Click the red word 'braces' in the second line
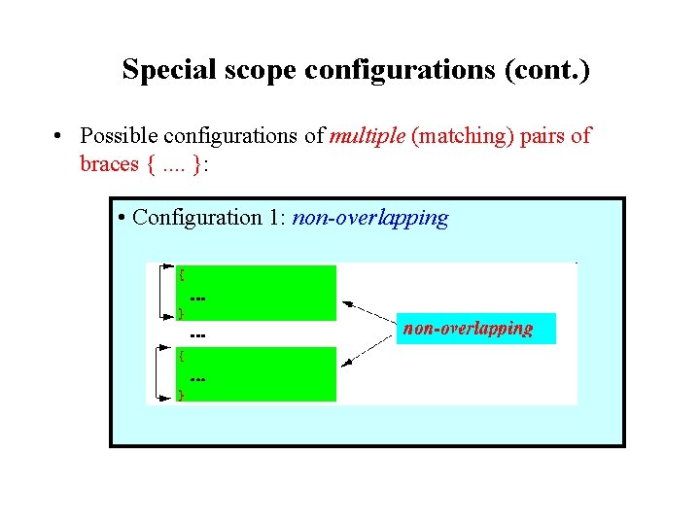coord(110,163)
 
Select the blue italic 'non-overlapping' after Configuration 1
coord(369,217)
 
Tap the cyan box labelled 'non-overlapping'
coord(476,329)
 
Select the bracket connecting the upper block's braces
coord(158,292)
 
